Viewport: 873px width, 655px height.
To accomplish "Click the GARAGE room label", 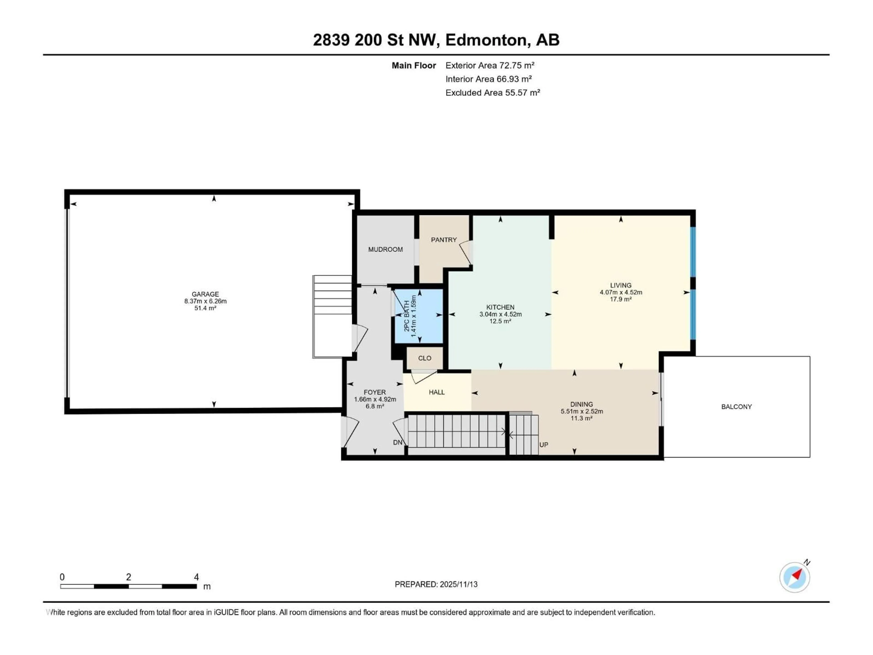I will pos(205,294).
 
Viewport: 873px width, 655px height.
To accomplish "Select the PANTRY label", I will pos(444,240).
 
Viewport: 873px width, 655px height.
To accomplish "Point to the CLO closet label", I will pos(425,358).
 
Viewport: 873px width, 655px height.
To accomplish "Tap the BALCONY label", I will pos(736,407).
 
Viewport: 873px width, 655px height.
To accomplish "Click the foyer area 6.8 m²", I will pos(374,406).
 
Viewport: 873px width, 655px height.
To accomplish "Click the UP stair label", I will pos(543,445).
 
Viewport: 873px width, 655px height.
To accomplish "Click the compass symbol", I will pos(795,577).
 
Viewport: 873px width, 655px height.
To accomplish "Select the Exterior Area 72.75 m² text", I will pos(490,65).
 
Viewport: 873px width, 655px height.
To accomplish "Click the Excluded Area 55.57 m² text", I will pos(493,93).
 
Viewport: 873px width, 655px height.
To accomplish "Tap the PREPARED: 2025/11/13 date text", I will pos(436,584).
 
